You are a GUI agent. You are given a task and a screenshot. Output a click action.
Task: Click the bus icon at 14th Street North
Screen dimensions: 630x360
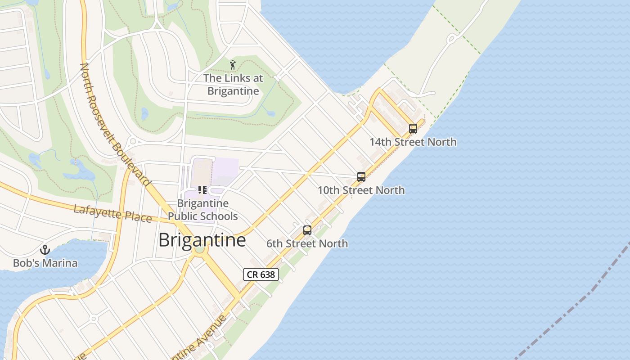413,128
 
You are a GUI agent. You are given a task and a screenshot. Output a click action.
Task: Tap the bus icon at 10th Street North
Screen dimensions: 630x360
361,176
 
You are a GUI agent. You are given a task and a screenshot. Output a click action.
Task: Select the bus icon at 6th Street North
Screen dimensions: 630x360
307,230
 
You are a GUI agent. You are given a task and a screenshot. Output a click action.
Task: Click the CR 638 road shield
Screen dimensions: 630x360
261,274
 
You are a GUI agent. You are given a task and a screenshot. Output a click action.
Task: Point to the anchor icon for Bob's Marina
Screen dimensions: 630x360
45,249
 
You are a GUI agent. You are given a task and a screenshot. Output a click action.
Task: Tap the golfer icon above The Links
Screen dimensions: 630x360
233,65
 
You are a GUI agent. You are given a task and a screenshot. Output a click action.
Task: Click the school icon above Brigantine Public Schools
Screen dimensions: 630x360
202,190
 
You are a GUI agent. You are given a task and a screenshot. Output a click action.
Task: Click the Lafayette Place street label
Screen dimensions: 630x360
112,213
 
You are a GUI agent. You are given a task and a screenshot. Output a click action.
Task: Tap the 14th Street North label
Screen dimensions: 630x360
413,142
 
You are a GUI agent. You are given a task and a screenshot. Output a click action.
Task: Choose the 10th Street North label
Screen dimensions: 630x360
361,190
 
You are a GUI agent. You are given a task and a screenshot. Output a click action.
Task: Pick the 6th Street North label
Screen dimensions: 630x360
307,243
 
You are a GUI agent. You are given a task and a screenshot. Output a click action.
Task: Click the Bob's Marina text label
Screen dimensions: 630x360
45,263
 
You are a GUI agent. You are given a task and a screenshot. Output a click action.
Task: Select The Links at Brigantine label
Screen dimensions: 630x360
233,84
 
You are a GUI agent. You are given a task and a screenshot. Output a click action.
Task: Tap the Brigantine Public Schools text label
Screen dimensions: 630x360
202,210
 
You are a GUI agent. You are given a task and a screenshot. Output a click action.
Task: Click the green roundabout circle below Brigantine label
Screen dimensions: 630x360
200,249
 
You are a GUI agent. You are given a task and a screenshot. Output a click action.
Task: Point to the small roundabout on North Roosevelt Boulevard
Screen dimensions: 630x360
133,142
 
